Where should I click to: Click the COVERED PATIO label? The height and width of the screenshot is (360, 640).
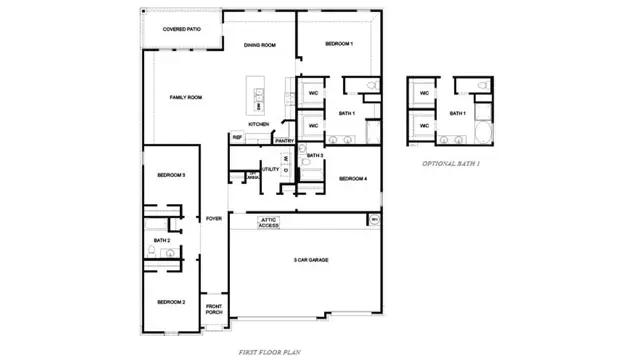[182, 29]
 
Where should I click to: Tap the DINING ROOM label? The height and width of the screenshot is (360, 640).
[260, 45]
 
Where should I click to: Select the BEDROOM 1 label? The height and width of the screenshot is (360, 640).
[339, 44]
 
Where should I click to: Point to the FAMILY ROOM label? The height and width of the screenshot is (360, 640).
[186, 97]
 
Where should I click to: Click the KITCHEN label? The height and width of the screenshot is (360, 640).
[259, 124]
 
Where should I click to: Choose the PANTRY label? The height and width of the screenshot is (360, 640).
[284, 141]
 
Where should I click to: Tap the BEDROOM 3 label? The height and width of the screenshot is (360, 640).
[170, 175]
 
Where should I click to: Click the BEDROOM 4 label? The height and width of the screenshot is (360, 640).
[353, 178]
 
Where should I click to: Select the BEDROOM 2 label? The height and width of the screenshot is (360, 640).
[170, 301]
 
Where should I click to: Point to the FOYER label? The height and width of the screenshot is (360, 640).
[214, 218]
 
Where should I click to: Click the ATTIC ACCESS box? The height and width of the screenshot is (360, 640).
[269, 223]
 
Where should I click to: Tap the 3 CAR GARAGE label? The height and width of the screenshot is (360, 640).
[311, 260]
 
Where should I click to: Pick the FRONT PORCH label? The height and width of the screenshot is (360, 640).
[214, 309]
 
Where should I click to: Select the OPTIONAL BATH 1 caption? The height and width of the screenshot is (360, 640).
[451, 162]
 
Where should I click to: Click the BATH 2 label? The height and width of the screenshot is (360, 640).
[162, 241]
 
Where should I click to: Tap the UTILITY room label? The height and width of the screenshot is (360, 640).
[270, 169]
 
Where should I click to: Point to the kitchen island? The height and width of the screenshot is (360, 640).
[259, 95]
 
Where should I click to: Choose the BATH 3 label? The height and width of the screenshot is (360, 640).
[314, 156]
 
